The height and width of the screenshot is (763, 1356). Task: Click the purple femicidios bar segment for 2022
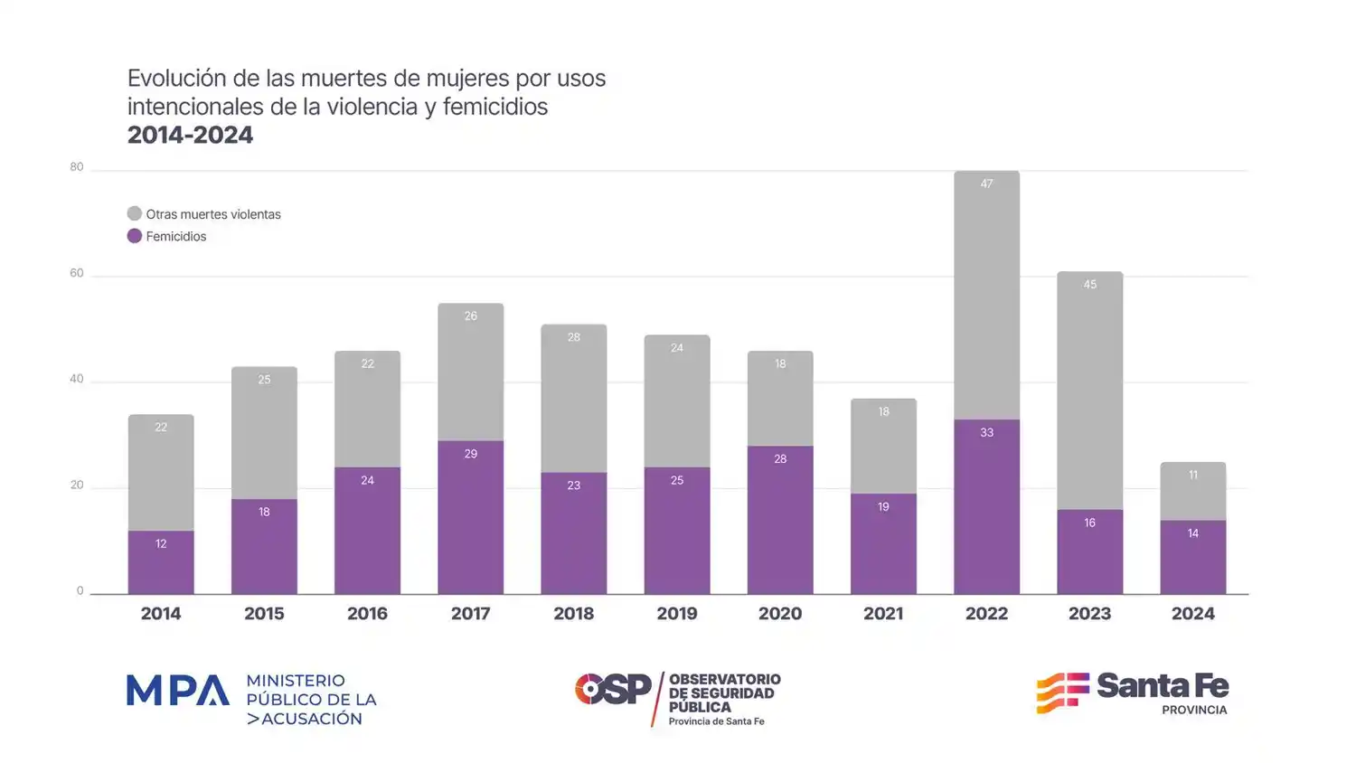click(986, 506)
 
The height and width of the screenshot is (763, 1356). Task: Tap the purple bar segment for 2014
click(161, 562)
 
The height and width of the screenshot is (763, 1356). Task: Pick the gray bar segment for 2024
click(1192, 491)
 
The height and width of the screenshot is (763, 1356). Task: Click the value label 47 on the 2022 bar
click(986, 184)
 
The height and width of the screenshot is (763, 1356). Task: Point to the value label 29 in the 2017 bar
click(470, 454)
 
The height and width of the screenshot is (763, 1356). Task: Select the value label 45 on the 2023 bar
click(1089, 285)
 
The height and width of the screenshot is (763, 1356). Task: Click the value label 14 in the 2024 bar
click(1192, 533)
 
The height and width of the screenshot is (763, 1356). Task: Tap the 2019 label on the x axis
click(676, 614)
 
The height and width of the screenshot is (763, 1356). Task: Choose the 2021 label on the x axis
click(883, 614)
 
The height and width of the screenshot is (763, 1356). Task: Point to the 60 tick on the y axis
click(77, 273)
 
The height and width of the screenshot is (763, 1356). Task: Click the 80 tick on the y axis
click(77, 167)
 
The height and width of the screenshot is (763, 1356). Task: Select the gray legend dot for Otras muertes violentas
click(135, 214)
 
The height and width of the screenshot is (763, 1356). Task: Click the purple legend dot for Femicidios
click(135, 236)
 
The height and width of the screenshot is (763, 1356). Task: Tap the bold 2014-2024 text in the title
click(190, 136)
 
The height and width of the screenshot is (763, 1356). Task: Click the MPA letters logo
click(177, 691)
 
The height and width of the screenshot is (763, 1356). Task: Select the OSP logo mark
click(612, 689)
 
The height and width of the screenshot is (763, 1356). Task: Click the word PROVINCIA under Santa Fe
click(1194, 711)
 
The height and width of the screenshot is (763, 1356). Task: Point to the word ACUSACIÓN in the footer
click(312, 719)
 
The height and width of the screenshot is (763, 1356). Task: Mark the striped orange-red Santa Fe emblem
click(1062, 692)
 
